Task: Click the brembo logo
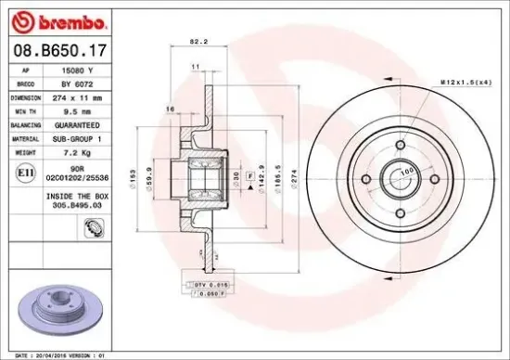click(58, 19)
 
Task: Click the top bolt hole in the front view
click(400, 145)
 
